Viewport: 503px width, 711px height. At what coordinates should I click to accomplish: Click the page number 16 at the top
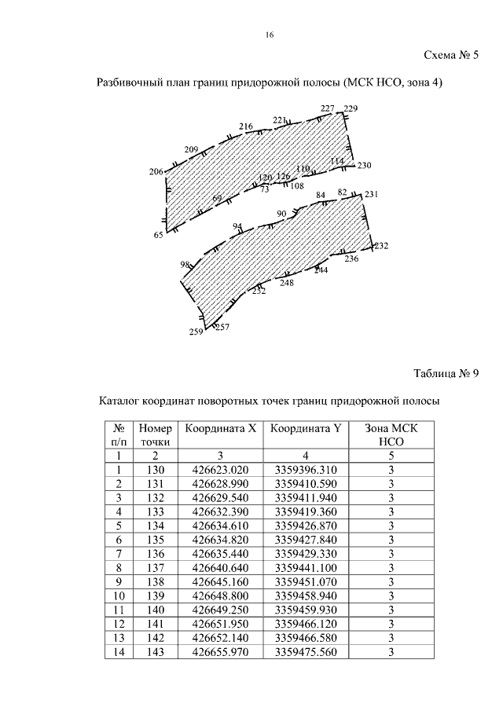pyautogui.click(x=270, y=35)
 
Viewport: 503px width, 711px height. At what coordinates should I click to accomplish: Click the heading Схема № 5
pyautogui.click(x=451, y=56)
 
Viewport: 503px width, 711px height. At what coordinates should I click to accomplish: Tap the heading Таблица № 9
pyautogui.click(x=446, y=373)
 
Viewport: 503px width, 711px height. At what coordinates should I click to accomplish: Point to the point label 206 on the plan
pyautogui.click(x=156, y=172)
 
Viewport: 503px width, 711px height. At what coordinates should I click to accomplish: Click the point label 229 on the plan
pyautogui.click(x=351, y=108)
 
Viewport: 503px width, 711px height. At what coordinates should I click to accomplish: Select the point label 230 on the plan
pyautogui.click(x=363, y=166)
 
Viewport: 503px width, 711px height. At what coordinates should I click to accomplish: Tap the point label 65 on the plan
pyautogui.click(x=158, y=235)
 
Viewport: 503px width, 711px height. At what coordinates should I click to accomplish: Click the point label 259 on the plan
pyautogui.click(x=196, y=332)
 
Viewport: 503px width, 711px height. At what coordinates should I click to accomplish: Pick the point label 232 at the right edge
pyautogui.click(x=381, y=246)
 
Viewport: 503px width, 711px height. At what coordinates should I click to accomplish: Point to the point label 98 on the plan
pyautogui.click(x=185, y=265)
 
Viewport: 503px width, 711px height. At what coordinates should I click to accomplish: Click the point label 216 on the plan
pyautogui.click(x=246, y=126)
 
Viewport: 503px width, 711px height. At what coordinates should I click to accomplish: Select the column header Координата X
pyautogui.click(x=220, y=429)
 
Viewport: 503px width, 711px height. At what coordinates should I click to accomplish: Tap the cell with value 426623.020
pyautogui.click(x=220, y=469)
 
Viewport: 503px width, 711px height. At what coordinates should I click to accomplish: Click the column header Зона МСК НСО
pyautogui.click(x=391, y=435)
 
